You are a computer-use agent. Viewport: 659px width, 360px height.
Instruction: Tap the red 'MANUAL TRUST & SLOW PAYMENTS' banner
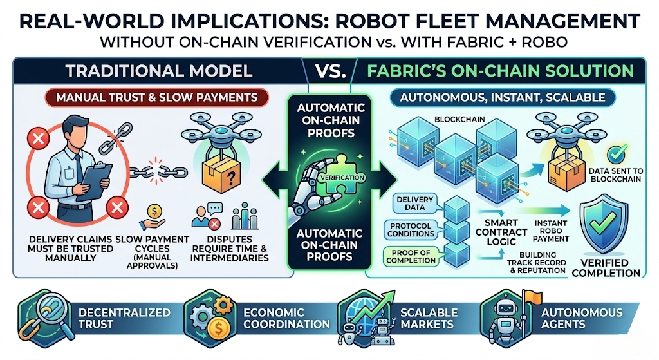point(157,99)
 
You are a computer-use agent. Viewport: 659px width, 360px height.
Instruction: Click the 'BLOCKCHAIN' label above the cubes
point(461,120)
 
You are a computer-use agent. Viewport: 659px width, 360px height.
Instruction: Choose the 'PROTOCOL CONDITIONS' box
point(411,229)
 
